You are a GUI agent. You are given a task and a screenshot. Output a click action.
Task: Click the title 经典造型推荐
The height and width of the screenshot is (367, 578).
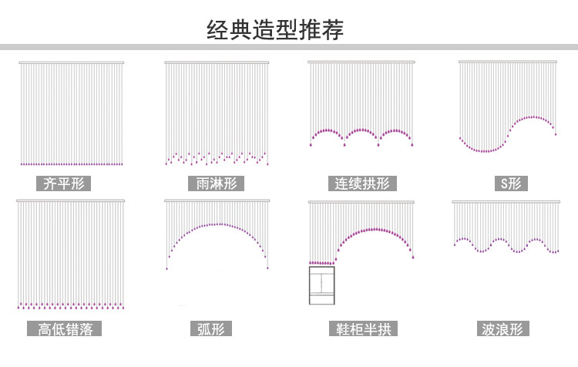(x=275, y=29)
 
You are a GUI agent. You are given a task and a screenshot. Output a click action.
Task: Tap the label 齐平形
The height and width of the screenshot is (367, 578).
(x=63, y=183)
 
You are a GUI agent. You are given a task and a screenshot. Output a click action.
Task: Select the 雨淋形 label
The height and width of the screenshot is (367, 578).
(x=216, y=183)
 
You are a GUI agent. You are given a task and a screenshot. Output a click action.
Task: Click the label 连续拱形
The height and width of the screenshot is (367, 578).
(x=362, y=183)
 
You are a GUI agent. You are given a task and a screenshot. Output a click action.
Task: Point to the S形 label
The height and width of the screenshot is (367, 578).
(x=511, y=183)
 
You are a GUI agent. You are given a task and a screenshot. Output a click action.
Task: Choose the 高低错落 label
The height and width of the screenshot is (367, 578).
(x=64, y=328)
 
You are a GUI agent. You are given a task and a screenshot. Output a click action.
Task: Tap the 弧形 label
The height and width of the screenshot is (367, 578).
(x=211, y=328)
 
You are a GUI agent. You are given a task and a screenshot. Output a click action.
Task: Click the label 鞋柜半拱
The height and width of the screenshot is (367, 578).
(x=363, y=328)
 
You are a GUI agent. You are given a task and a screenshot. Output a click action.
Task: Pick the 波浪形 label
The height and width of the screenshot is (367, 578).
(x=502, y=328)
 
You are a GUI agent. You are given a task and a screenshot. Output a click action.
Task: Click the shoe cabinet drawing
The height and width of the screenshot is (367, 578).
(x=322, y=285)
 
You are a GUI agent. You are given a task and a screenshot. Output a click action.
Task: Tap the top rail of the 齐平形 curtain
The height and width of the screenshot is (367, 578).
(x=72, y=62)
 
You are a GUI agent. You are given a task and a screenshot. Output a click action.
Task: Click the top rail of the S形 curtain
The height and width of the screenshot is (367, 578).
(x=508, y=62)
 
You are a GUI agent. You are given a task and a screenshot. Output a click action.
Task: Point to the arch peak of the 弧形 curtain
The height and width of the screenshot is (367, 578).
(x=220, y=224)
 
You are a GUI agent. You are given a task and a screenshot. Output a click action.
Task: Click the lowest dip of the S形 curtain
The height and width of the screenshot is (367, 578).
(x=484, y=150)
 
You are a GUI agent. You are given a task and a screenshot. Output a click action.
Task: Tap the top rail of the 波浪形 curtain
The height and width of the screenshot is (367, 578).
(x=506, y=202)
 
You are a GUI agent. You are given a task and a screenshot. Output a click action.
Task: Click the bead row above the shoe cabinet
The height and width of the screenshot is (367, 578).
(x=322, y=263)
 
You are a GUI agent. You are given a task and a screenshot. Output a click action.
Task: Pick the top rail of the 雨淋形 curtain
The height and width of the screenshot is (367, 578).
(x=217, y=62)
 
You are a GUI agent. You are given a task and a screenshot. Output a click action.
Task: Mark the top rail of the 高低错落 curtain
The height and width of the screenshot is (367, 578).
(x=70, y=200)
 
